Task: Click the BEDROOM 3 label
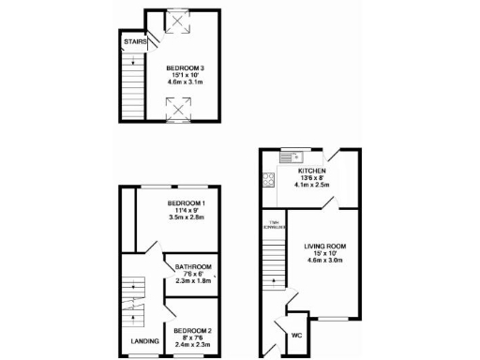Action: (185, 67)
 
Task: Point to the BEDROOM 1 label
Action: (187, 202)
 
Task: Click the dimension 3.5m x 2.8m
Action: (187, 218)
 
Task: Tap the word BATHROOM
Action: (193, 267)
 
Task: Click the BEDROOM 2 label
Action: (194, 331)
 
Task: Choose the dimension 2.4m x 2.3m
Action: (194, 346)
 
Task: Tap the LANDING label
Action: (144, 340)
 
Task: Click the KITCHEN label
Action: (311, 171)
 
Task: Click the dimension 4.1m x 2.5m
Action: (311, 186)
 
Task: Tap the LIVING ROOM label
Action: (324, 247)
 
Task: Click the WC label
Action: (296, 335)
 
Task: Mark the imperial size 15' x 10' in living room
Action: (324, 254)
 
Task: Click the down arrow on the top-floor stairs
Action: (133, 65)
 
